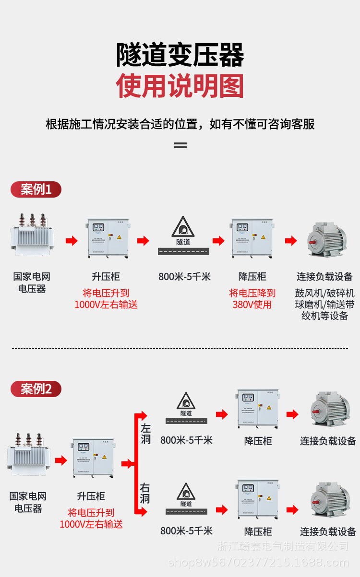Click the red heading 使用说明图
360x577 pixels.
[180, 86]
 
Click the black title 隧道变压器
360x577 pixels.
[180, 55]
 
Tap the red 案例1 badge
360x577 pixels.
[36, 189]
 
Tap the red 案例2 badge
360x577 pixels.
[36, 389]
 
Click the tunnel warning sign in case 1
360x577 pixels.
[183, 227]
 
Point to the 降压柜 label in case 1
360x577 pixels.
[252, 277]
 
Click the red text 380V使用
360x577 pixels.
[252, 305]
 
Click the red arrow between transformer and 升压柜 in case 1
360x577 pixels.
[72, 241]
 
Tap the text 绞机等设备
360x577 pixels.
[325, 316]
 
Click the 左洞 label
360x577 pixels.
[145, 433]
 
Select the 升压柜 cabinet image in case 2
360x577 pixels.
[92, 460]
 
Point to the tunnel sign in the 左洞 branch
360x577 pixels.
[186, 401]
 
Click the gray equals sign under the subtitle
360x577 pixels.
[180, 145]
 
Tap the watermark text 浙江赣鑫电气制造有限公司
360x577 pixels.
[283, 546]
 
